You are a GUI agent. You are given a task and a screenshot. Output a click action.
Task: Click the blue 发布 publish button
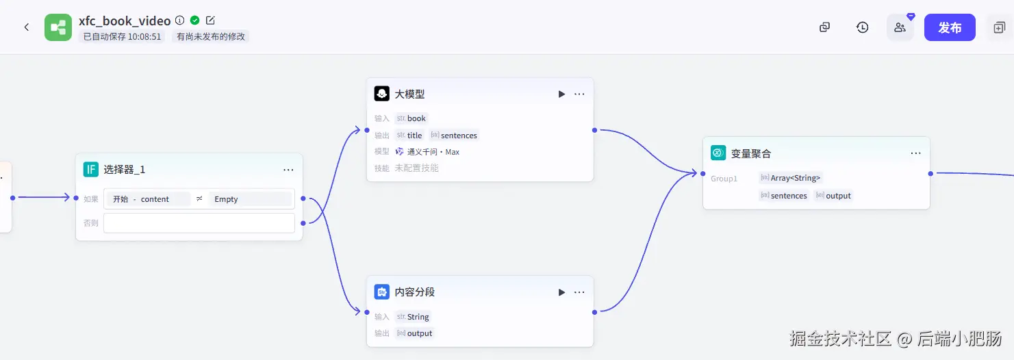pyautogui.click(x=949, y=27)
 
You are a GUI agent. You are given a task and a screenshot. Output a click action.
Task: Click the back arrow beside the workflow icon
pyautogui.click(x=27, y=27)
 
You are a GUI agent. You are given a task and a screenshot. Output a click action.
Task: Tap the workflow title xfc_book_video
pyautogui.click(x=125, y=21)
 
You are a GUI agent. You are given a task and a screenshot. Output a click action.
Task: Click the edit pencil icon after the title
pyautogui.click(x=210, y=21)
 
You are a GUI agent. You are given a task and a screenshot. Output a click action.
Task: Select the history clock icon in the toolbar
pyautogui.click(x=862, y=27)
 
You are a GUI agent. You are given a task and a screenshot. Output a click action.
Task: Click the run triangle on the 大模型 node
pyautogui.click(x=561, y=94)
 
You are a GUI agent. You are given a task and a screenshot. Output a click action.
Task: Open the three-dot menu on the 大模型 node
pyautogui.click(x=579, y=94)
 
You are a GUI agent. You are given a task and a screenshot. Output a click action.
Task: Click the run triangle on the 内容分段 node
pyautogui.click(x=561, y=292)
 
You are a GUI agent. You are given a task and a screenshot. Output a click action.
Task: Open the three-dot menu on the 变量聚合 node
pyautogui.click(x=915, y=153)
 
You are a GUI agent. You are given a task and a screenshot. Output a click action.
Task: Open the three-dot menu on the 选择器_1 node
pyautogui.click(x=288, y=170)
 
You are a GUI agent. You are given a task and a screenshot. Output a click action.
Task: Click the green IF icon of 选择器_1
pyautogui.click(x=91, y=170)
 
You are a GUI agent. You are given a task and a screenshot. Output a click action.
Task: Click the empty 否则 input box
pyautogui.click(x=199, y=223)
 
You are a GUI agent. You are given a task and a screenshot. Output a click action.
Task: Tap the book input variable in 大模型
pyautogui.click(x=416, y=118)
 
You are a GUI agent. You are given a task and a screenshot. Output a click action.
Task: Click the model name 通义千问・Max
pyautogui.click(x=433, y=152)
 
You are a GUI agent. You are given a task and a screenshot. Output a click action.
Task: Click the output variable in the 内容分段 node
pyautogui.click(x=419, y=333)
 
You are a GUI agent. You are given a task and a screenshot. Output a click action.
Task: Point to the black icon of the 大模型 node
pyautogui.click(x=382, y=94)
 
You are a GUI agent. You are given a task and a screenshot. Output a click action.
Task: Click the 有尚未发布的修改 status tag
pyautogui.click(x=211, y=37)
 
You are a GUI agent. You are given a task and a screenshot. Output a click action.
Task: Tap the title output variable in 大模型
pyautogui.click(x=414, y=136)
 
